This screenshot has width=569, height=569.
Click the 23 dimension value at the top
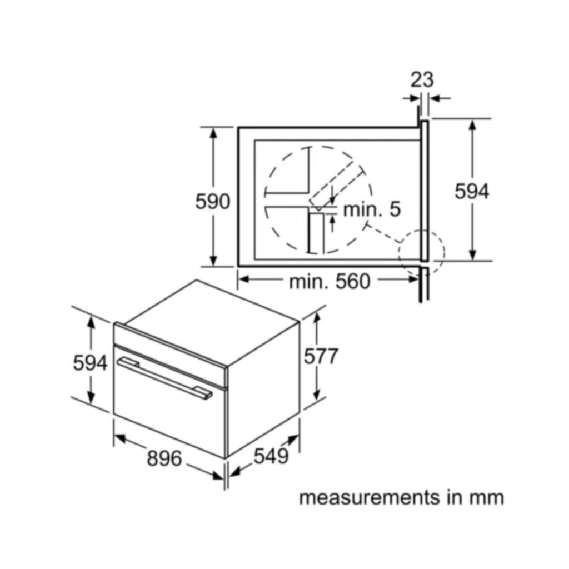pos(422,80)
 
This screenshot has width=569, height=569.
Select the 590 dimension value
pos(213,202)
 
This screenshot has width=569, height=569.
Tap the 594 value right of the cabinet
pos(472,191)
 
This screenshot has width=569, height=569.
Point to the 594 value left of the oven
pos(91,363)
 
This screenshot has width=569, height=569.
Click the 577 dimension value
pos(321,356)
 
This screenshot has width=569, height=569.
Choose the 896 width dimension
pos(164,458)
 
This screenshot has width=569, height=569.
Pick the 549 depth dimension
pos(271,456)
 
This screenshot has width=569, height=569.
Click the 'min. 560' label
pos(330,282)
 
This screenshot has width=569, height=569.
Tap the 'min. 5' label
pos(372,209)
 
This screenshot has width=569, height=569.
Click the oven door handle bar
pos(164,378)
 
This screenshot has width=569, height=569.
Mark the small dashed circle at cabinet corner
pos(421,253)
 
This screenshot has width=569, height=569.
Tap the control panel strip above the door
pos(170,355)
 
